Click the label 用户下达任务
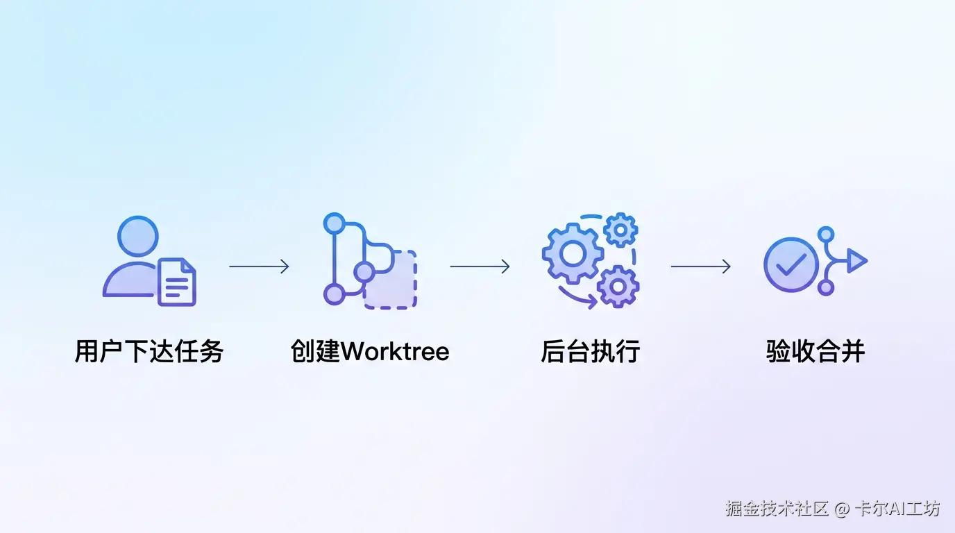pos(149,352)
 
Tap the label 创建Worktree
pos(370,352)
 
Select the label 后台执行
pos(590,352)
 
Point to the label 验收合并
pos(815,352)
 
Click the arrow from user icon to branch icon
pos(259,266)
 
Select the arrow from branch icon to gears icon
pos(480,266)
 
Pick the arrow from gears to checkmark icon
pos(700,266)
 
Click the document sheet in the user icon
pos(177,282)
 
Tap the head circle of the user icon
pos(138,237)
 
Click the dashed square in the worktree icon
pos(393,281)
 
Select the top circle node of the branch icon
pos(335,223)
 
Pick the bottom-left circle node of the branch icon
pos(335,294)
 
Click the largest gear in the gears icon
pos(573,253)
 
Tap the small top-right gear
pos(620,229)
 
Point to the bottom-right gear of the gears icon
pos(617,286)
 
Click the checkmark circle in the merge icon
pos(791,264)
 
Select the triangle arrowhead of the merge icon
pos(856,261)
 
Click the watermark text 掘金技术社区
pos(777,509)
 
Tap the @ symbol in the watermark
pos(842,509)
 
